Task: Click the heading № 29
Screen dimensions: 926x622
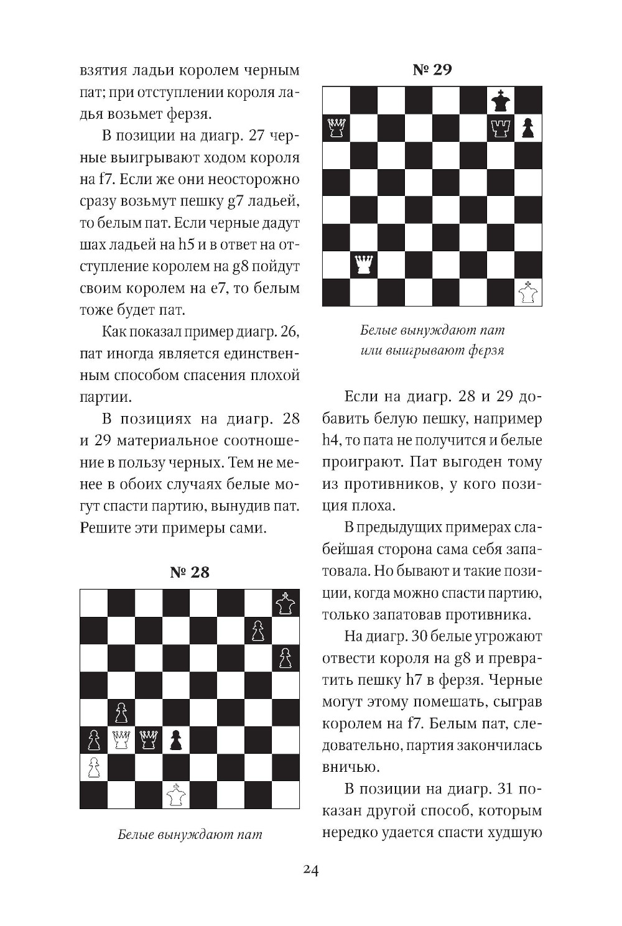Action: point(432,69)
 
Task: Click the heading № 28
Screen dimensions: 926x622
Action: point(190,572)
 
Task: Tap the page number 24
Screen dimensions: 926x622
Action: point(311,870)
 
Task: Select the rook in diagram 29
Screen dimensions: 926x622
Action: point(500,127)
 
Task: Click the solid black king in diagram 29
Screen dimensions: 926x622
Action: point(500,100)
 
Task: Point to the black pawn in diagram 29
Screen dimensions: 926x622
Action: point(527,128)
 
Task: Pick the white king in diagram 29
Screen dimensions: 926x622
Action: point(528,292)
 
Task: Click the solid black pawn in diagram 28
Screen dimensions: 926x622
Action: point(176,739)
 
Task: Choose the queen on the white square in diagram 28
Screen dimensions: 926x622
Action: point(121,739)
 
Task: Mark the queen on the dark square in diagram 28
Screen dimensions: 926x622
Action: point(149,739)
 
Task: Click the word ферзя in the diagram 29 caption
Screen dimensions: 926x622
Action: point(486,350)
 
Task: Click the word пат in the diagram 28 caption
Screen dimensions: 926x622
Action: point(250,835)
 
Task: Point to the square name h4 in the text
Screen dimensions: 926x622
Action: point(331,440)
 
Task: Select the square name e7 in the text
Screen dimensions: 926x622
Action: point(216,288)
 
